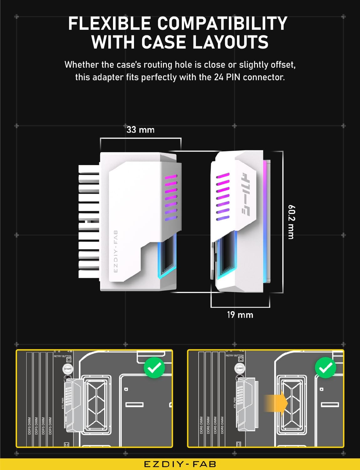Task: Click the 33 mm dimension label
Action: (141, 130)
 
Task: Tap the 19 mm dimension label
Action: (240, 315)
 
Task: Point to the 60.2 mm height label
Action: (291, 222)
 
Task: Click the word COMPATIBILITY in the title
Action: (222, 23)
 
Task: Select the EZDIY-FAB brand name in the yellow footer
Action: (180, 464)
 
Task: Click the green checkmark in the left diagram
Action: (154, 368)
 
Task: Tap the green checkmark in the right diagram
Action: (326, 368)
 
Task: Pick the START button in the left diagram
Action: (68, 369)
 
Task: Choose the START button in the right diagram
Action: (240, 368)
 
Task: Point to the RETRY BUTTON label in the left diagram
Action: (63, 356)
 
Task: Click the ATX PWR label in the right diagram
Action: (235, 403)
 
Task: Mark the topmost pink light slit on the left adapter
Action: (171, 177)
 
